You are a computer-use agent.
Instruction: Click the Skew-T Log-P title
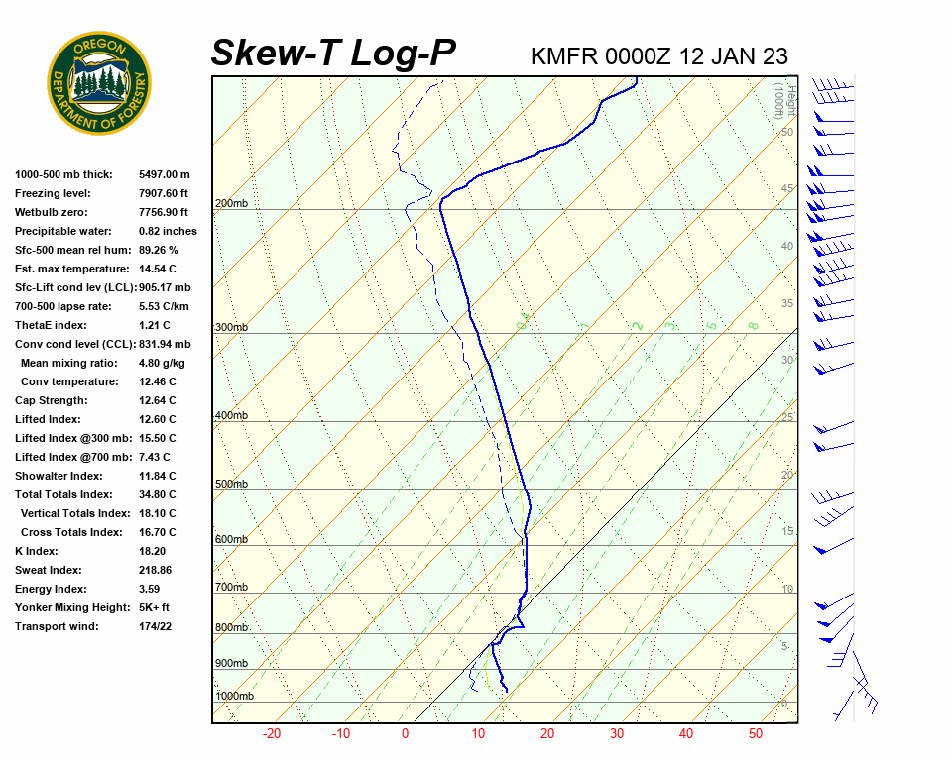click(333, 53)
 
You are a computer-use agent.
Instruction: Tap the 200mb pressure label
click(231, 204)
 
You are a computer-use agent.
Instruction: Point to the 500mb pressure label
click(231, 485)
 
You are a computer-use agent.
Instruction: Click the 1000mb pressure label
click(235, 697)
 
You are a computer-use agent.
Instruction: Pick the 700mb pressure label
click(231, 588)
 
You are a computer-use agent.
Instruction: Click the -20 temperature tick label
click(271, 734)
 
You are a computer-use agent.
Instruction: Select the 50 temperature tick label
click(756, 734)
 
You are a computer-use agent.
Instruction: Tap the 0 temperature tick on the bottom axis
click(405, 734)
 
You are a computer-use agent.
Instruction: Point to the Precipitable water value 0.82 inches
click(168, 231)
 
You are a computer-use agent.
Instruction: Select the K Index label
click(37, 551)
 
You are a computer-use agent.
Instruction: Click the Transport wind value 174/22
click(156, 626)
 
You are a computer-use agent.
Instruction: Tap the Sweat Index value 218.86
click(155, 570)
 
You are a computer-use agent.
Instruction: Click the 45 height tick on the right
click(787, 189)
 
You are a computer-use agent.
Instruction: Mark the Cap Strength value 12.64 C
click(157, 400)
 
